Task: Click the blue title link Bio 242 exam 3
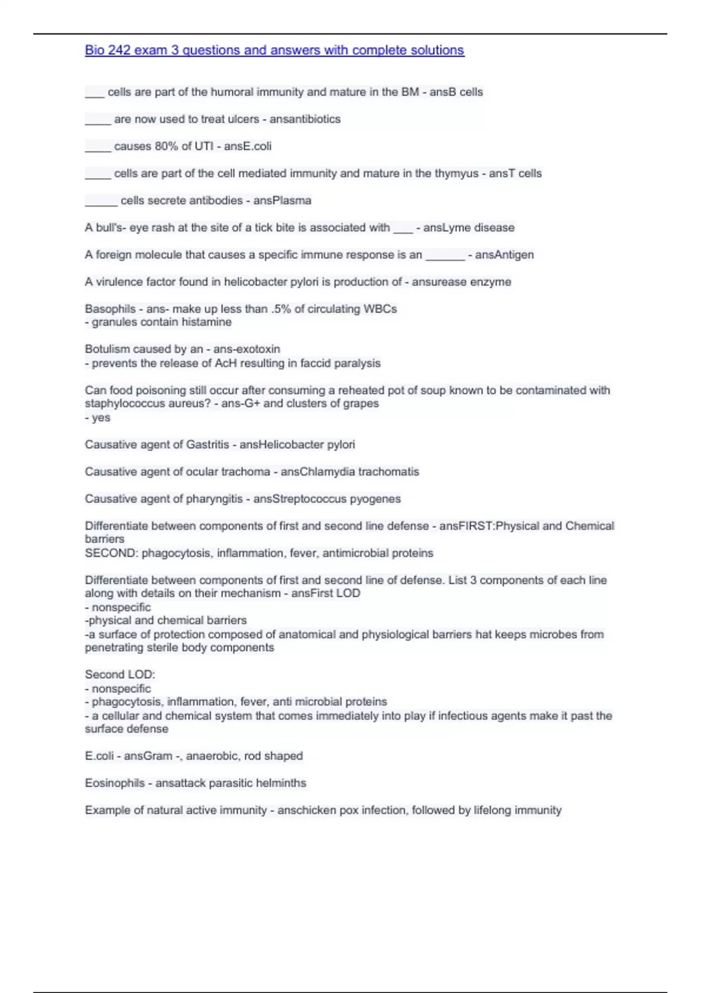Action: (x=275, y=50)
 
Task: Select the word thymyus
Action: (x=456, y=173)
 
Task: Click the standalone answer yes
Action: (x=101, y=418)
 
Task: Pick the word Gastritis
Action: (x=207, y=445)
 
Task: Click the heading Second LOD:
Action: (x=120, y=675)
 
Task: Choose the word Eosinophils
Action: (x=114, y=783)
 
